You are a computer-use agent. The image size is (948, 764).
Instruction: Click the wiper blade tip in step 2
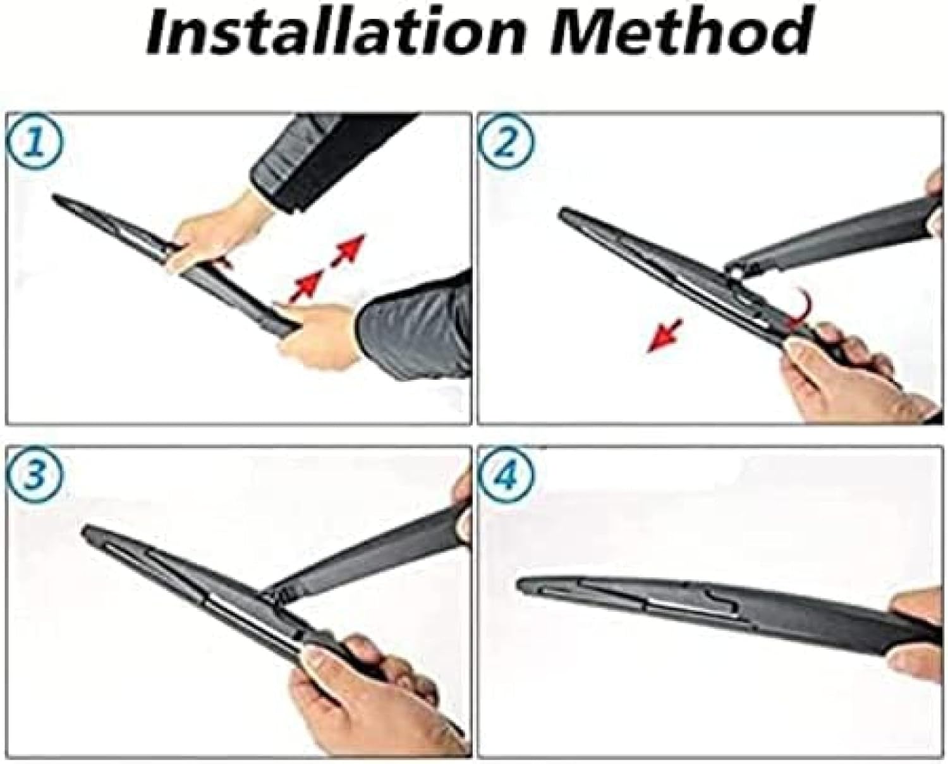pyautogui.click(x=564, y=214)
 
